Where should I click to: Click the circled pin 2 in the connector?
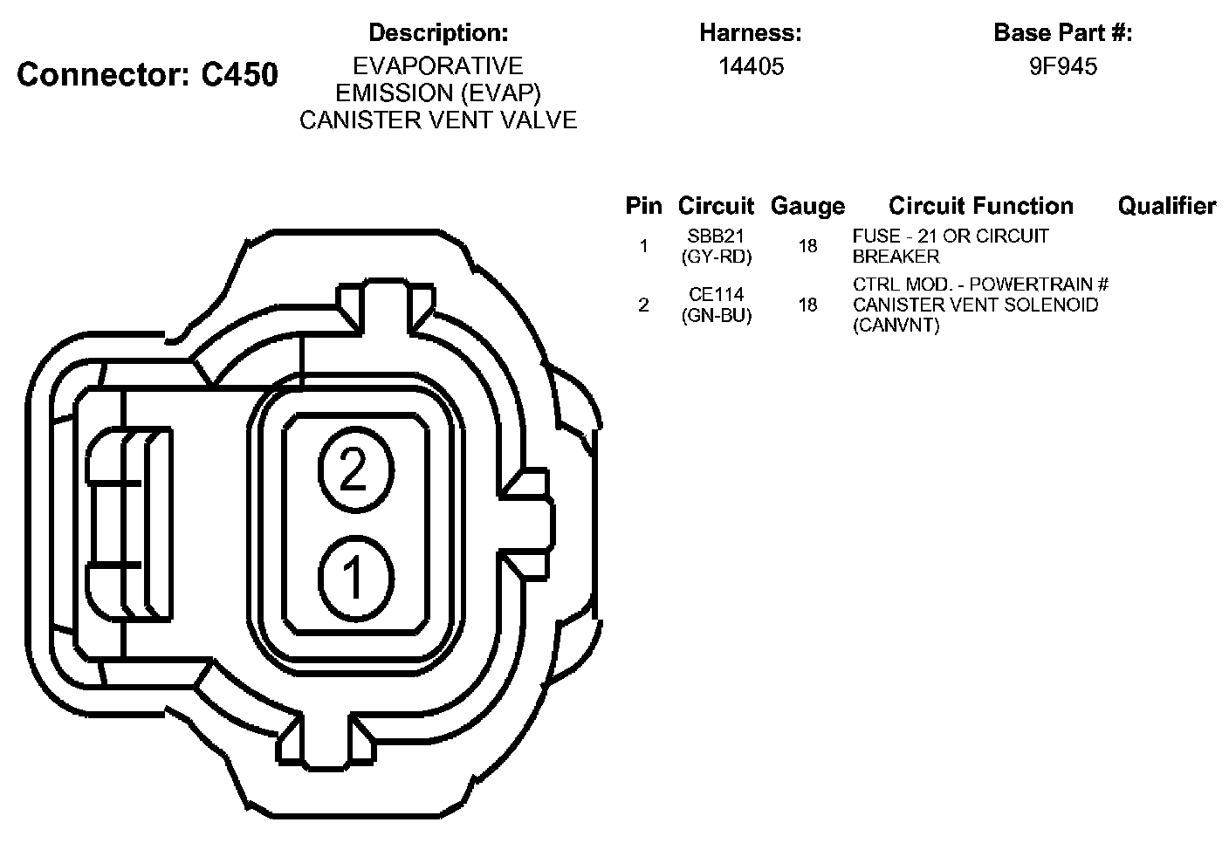(x=356, y=470)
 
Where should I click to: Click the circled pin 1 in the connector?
(x=356, y=579)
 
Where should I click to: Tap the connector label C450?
(x=240, y=74)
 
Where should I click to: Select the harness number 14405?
(x=752, y=66)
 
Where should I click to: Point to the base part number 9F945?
(x=1063, y=66)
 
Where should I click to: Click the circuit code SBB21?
(x=716, y=236)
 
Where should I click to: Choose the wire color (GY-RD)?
(x=716, y=257)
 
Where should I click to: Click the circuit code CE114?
(x=716, y=295)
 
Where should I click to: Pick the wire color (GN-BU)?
(x=716, y=315)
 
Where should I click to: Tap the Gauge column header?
(x=807, y=207)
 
